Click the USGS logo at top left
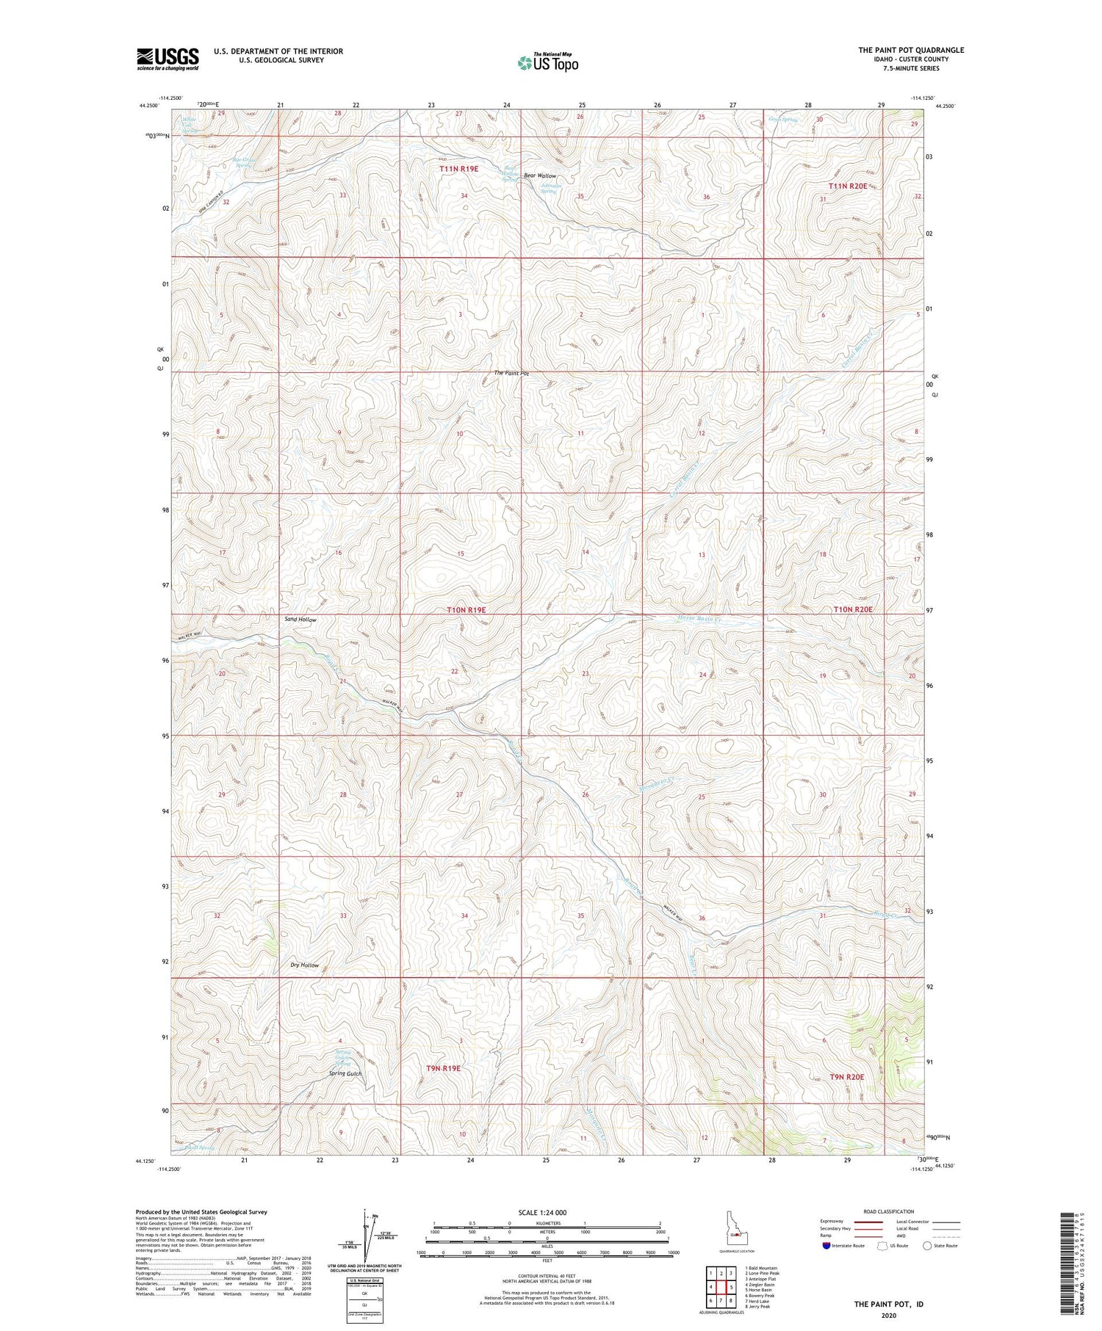tap(168, 59)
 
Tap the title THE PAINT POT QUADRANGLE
tap(910, 50)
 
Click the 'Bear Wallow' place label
tap(540, 176)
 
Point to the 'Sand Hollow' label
tap(300, 620)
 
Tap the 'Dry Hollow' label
tap(304, 965)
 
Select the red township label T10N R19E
tap(467, 610)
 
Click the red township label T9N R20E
tap(846, 1076)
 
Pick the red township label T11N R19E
tap(458, 169)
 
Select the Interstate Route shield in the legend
tap(827, 1246)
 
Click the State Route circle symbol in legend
tap(928, 1246)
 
